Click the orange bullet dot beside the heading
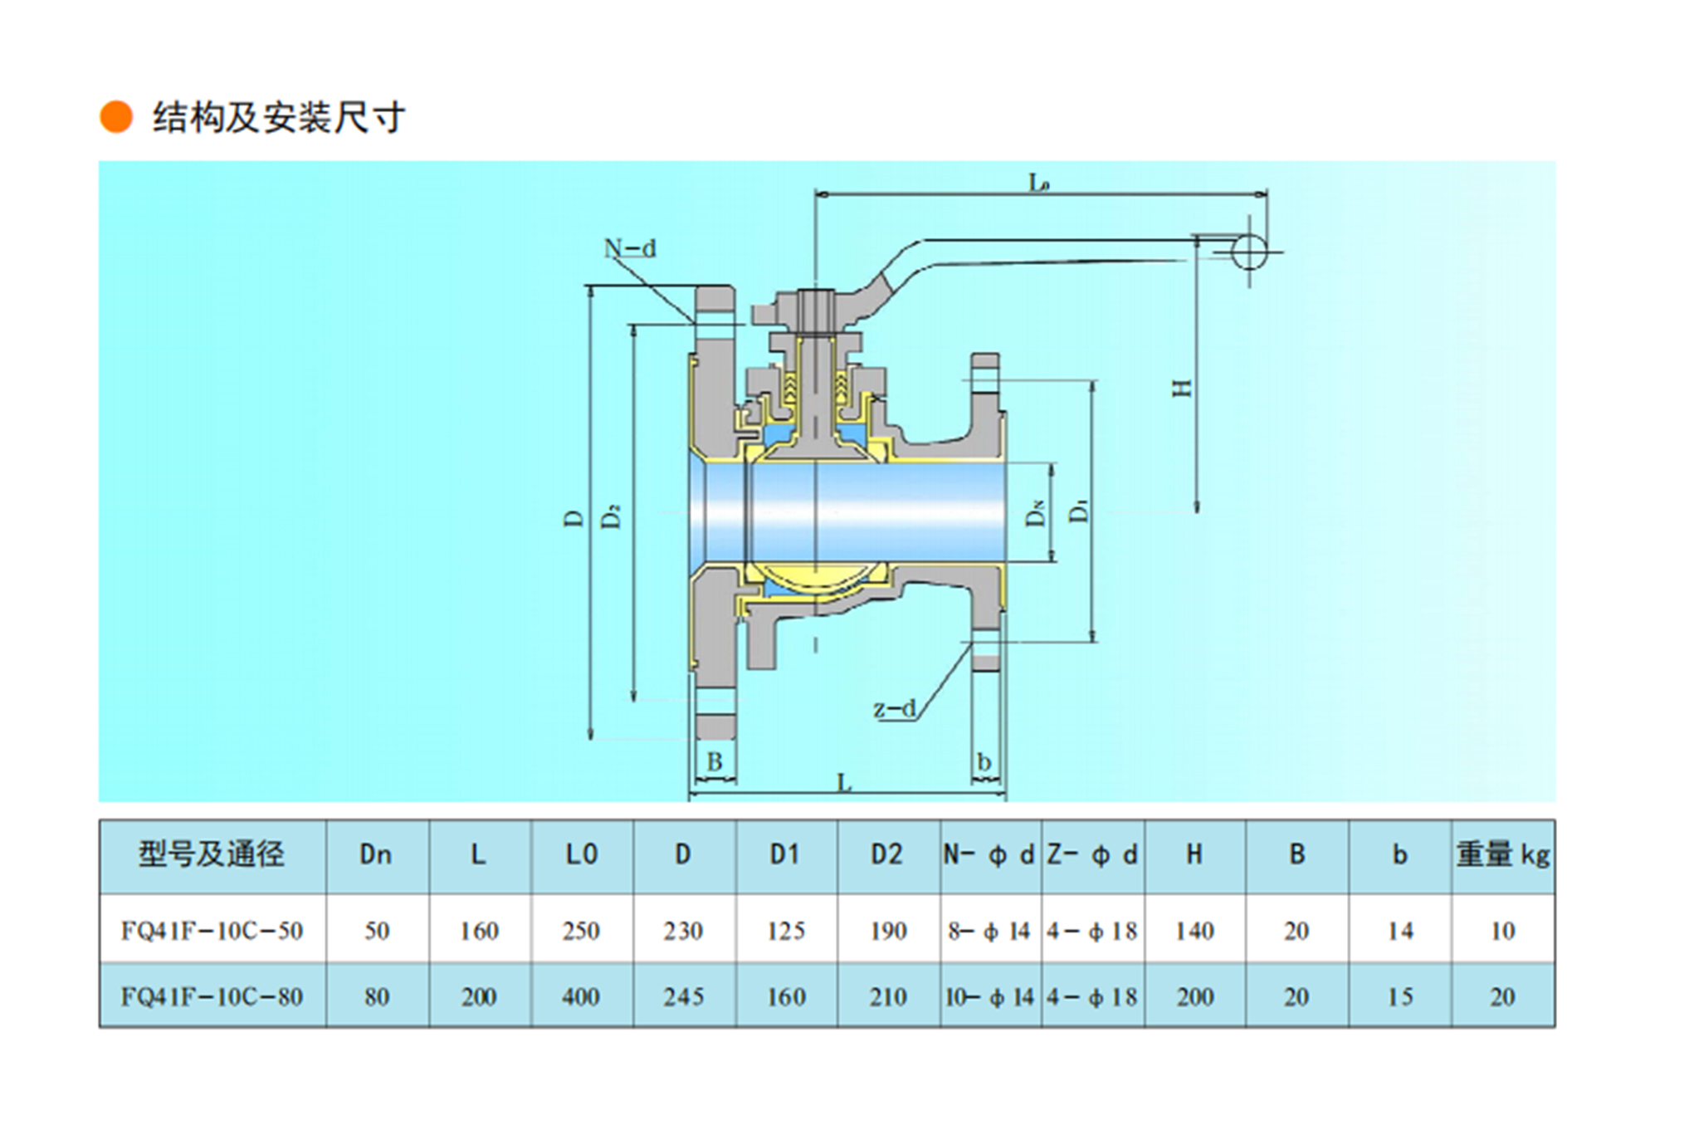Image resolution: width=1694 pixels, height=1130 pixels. pyautogui.click(x=116, y=117)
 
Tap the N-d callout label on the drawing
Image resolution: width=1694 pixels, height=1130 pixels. pyautogui.click(x=629, y=248)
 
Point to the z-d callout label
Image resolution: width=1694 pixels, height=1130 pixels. pyautogui.click(x=894, y=708)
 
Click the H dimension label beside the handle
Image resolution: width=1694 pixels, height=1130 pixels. pyautogui.click(x=1181, y=388)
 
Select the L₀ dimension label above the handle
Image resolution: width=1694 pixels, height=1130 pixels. pyautogui.click(x=1039, y=182)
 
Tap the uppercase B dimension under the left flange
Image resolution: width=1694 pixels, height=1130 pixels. pyautogui.click(x=714, y=761)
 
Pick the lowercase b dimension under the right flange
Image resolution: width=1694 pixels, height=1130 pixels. pyautogui.click(x=984, y=761)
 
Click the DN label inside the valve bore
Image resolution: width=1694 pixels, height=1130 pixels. pyautogui.click(x=1035, y=514)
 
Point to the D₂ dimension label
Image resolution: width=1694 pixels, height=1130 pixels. pyautogui.click(x=612, y=516)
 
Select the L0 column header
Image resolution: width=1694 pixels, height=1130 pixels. pyautogui.click(x=581, y=854)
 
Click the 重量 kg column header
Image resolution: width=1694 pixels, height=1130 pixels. pyautogui.click(x=1502, y=854)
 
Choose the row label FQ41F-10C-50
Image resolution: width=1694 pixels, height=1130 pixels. pyautogui.click(x=212, y=930)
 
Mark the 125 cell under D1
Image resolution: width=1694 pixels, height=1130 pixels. pyautogui.click(x=785, y=930)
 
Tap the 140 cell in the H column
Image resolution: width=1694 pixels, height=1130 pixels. pyautogui.click(x=1194, y=930)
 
